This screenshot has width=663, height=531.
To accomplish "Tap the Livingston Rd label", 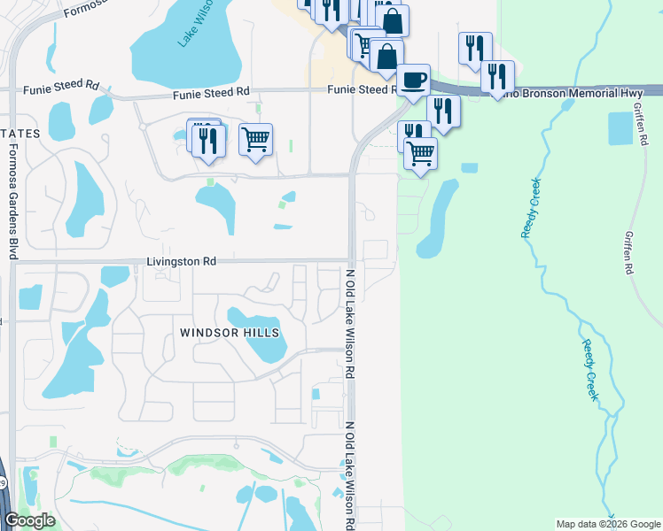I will tap(182, 262).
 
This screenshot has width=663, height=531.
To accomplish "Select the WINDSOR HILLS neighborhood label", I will tap(229, 333).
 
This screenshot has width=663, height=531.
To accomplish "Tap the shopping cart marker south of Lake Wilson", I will tap(255, 139).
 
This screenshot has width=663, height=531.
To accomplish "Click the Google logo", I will tap(29, 520).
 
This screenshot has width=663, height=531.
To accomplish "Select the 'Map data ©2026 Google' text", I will tap(607, 524).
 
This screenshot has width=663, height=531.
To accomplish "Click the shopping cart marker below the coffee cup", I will tap(421, 154).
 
